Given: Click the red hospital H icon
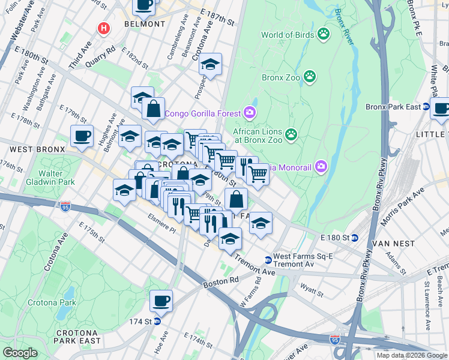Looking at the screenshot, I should click(x=104, y=28).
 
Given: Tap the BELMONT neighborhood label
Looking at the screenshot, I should click(x=144, y=24).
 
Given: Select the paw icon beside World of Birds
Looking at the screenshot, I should click(x=324, y=34).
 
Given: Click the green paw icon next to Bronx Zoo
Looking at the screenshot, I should click(x=310, y=76).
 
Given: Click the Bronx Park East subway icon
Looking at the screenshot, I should click(x=426, y=107).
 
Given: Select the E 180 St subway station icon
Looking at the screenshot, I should click(x=354, y=238).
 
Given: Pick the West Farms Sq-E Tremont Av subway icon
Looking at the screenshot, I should click(x=268, y=260).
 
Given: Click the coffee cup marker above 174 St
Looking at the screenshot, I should click(x=161, y=301).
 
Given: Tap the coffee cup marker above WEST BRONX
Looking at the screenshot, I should click(x=82, y=135).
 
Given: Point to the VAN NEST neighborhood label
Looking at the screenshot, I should click(x=393, y=244).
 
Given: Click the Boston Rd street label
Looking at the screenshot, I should click(x=217, y=280).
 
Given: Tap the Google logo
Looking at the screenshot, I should click(x=20, y=353).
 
